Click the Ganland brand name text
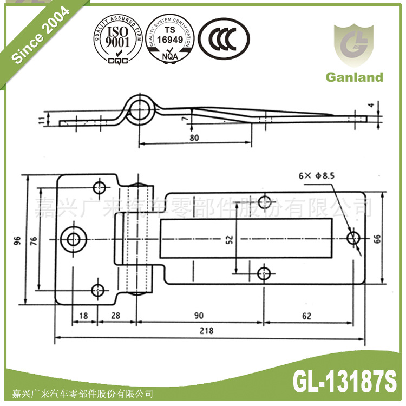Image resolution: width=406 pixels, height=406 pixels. pyautogui.click(x=354, y=77)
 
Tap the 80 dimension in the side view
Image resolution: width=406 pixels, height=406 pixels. pyautogui.click(x=195, y=137)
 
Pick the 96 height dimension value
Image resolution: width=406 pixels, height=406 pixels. pyautogui.click(x=17, y=239)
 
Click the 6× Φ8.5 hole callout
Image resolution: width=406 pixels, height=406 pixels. pyautogui.click(x=317, y=175)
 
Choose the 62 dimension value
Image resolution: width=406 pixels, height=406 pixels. pyautogui.click(x=308, y=316)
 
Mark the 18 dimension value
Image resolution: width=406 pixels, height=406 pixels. pyautogui.click(x=84, y=316)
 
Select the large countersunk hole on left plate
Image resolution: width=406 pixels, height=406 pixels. pyautogui.click(x=74, y=238)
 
